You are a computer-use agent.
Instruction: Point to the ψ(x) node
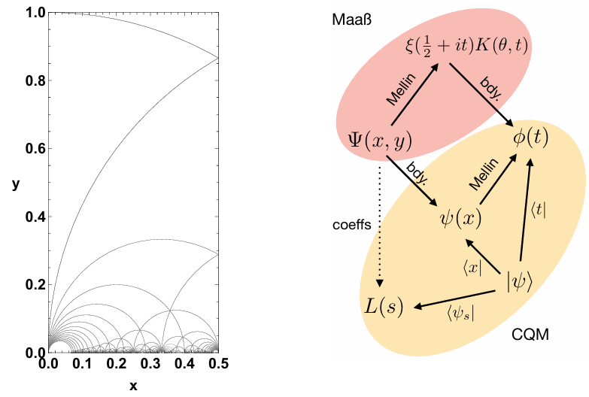(x=460, y=219)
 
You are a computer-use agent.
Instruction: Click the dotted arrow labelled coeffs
(x=380, y=226)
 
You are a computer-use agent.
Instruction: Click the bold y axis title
(x=15, y=183)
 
